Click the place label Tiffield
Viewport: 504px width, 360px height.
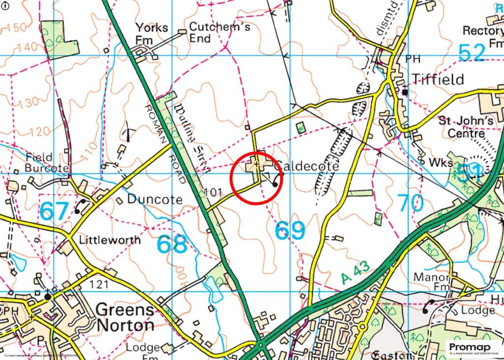tap(438, 79)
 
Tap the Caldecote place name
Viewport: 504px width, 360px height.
tap(307, 166)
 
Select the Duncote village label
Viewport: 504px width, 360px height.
tap(155, 199)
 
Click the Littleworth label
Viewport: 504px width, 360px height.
tap(110, 240)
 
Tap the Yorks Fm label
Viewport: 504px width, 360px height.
tap(152, 33)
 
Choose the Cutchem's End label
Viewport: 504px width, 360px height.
tap(220, 33)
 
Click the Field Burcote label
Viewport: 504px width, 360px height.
tap(47, 163)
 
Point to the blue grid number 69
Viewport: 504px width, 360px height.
tap(289, 230)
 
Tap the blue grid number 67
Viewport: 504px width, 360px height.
tap(54, 211)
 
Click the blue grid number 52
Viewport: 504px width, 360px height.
tap(472, 52)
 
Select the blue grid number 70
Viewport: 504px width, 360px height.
tap(410, 202)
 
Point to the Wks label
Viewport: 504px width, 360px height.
tap(440, 163)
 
